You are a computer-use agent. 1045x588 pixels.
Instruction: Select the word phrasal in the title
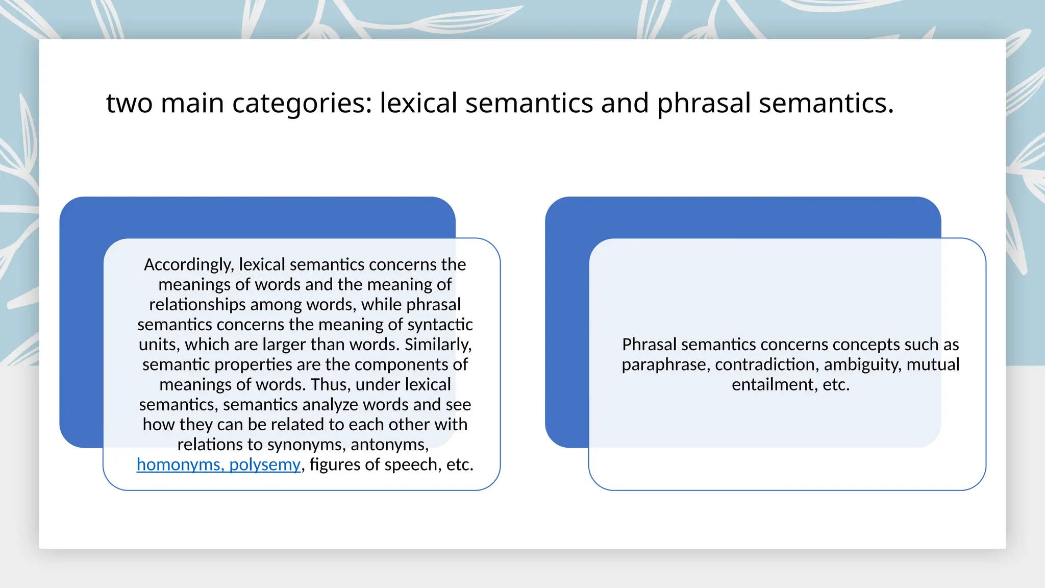point(704,104)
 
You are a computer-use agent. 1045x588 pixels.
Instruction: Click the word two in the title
point(129,104)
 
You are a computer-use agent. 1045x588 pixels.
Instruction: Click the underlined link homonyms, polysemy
point(218,464)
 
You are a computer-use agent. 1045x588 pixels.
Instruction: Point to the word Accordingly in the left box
point(189,265)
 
